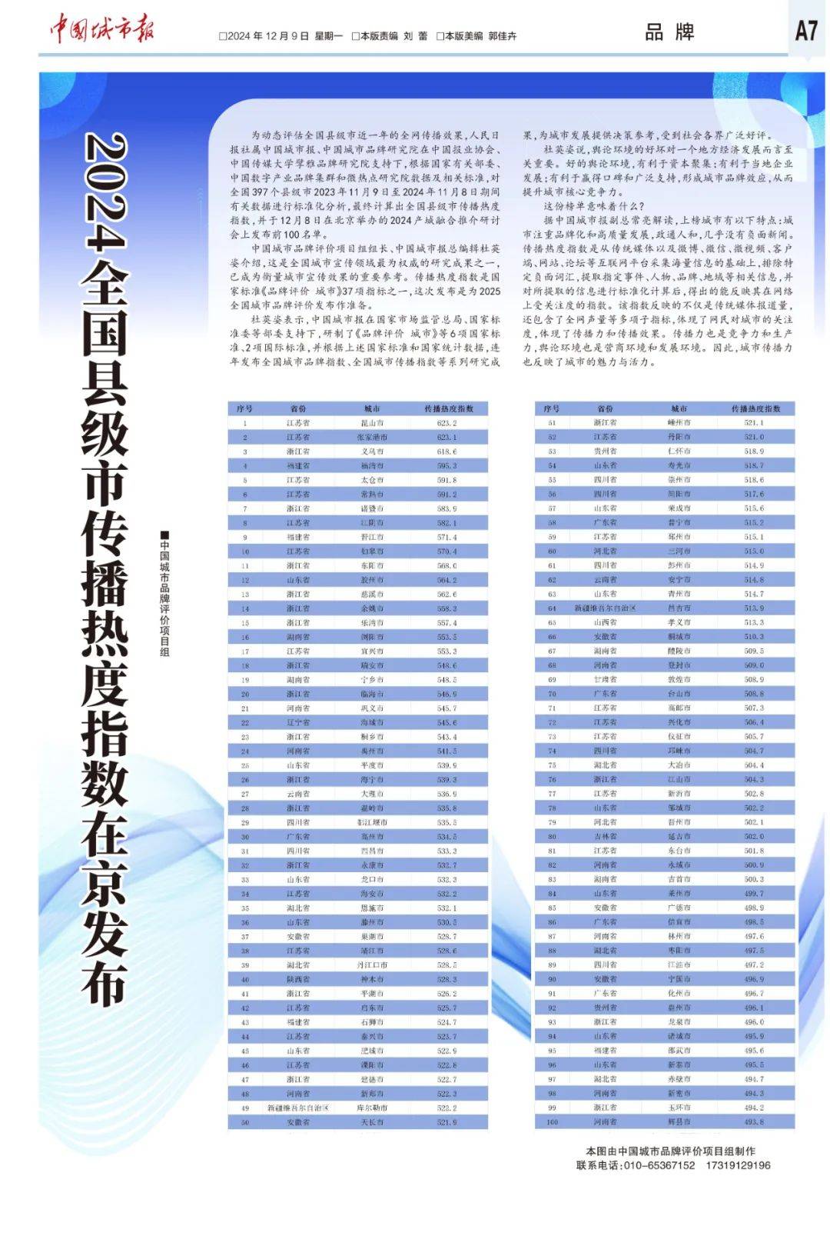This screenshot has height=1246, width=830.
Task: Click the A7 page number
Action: tap(805, 31)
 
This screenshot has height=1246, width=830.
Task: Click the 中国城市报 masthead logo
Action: tap(102, 30)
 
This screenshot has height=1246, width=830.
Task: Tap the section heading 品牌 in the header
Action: tap(669, 32)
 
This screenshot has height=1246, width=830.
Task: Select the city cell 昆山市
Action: tap(373, 423)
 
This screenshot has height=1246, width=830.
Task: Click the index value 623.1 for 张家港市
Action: tap(447, 437)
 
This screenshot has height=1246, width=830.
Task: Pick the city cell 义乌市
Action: tap(373, 451)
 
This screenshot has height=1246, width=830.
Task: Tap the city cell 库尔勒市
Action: tap(373, 1108)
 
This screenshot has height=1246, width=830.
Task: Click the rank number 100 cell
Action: tap(552, 1122)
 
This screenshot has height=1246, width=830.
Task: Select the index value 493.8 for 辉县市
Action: tap(754, 1122)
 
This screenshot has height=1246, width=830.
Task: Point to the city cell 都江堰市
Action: tap(373, 822)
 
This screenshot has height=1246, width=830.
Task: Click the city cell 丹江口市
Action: tap(373, 965)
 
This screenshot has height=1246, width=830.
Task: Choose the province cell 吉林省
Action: tap(605, 837)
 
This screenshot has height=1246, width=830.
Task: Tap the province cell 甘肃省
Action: tap(605, 680)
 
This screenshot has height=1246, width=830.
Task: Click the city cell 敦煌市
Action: tap(679, 680)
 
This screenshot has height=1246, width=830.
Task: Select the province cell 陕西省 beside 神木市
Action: tap(298, 980)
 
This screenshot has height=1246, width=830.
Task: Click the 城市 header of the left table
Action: tap(373, 408)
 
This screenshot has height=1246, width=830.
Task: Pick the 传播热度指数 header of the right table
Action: tap(755, 408)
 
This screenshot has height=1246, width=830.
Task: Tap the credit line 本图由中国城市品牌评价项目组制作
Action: tap(670, 1151)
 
